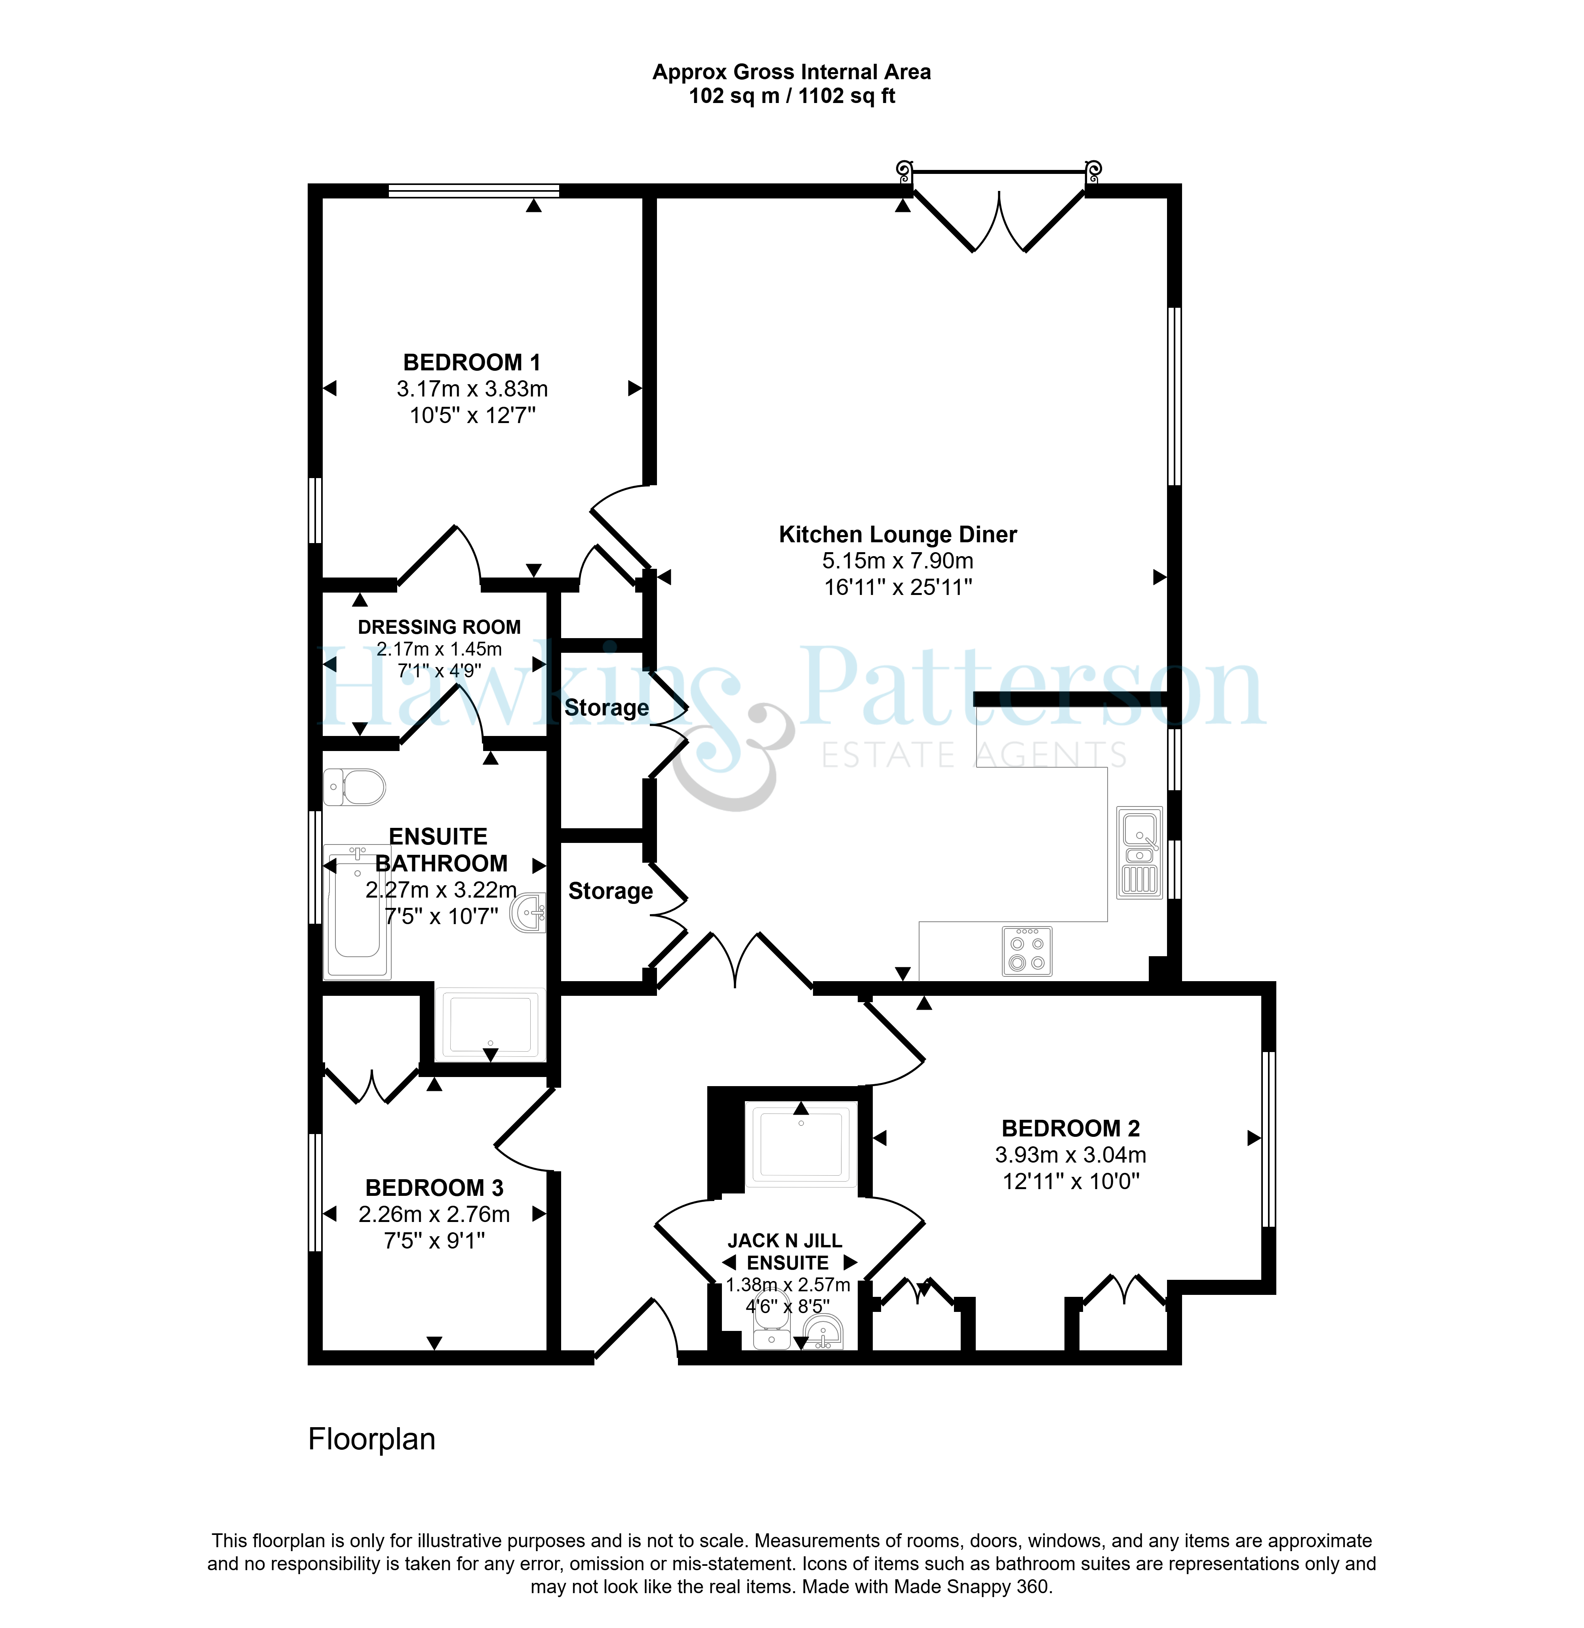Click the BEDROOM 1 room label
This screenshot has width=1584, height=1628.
pos(472,363)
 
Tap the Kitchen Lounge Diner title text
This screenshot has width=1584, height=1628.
pos(898,534)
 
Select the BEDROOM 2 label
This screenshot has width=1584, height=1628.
pos(1071,1129)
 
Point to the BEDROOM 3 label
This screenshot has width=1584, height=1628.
pos(434,1188)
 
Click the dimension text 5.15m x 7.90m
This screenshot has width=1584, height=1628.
pos(898,561)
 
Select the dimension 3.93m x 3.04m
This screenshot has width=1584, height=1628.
pos(1071,1155)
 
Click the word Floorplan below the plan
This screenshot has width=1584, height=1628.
pos(372,1439)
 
